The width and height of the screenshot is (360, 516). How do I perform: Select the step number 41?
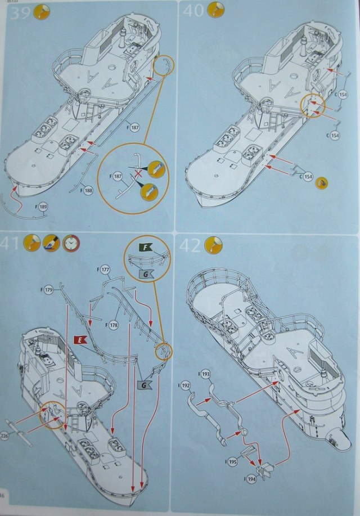coord(12,244)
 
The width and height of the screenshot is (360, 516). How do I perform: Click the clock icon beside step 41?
coord(71,243)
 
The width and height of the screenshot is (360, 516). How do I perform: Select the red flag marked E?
coord(80,340)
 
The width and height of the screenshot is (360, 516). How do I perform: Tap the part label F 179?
coord(48,290)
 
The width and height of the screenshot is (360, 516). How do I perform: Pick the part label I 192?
coord(185,386)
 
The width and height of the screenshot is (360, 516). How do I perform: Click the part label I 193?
coord(204,374)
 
